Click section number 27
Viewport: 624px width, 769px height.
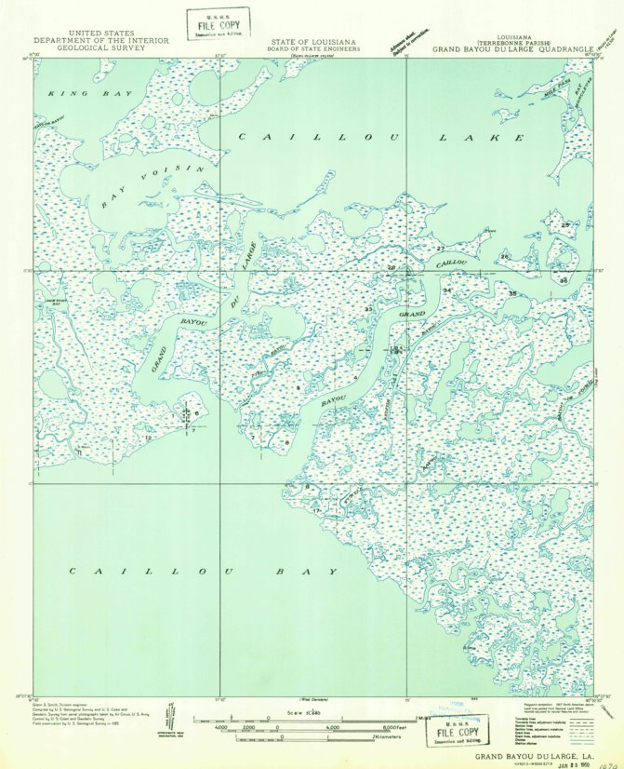[x=440, y=249]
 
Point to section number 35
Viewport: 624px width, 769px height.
[x=512, y=293]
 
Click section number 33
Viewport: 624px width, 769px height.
[x=368, y=309]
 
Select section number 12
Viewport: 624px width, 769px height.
[x=148, y=437]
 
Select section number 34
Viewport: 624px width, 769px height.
[x=446, y=291]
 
